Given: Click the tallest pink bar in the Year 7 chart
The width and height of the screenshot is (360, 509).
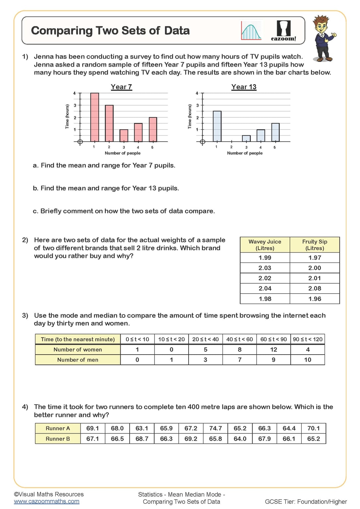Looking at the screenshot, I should coord(94,117).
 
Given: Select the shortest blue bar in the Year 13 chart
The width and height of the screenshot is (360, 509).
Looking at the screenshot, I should coord(246,139).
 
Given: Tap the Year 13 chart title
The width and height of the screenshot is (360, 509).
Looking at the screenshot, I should coord(244,87).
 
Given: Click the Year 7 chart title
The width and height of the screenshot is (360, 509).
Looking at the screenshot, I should coord(121,87).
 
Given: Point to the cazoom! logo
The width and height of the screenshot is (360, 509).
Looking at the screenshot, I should coord(283,31).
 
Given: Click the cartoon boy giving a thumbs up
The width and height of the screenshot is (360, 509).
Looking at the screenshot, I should coord(323,38).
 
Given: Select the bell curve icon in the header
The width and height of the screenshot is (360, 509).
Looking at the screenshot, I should coord(251,31).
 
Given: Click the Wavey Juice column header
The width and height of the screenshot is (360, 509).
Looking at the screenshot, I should coord(265,245).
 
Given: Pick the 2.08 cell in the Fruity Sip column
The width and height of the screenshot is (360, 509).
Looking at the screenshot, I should coord(314,288).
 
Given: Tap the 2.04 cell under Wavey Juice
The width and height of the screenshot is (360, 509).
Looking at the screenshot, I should coord(265,288).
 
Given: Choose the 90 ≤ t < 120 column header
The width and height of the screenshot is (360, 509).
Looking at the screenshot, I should coord(307,339).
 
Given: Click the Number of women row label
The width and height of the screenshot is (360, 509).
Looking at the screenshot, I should coord(78,350).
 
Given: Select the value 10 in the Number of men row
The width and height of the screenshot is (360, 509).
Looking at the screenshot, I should coord(307,360).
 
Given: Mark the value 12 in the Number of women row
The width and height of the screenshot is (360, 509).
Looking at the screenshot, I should coord(273,350).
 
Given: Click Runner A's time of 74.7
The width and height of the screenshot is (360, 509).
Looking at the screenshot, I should coord(215,428).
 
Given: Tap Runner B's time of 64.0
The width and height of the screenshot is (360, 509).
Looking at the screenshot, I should coord(240,439).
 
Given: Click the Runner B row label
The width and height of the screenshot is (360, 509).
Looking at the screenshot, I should coord(58,439).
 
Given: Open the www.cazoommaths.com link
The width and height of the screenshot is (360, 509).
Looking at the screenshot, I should coord(47,501).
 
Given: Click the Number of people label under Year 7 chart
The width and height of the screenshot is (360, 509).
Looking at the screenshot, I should coord(122,153).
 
